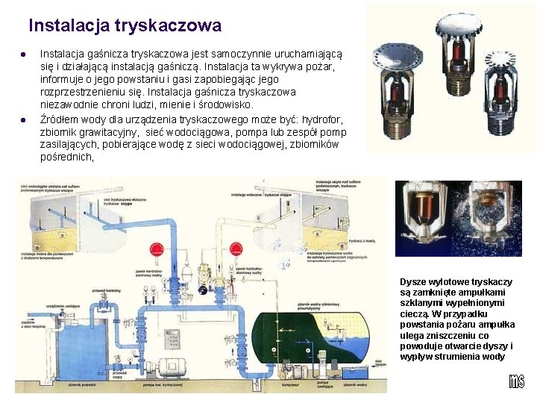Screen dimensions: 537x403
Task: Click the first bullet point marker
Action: pos(24,54)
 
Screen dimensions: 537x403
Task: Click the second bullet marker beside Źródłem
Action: pos(24,119)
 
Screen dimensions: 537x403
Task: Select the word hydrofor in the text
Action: pos(326,119)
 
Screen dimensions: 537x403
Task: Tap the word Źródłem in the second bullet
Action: pos(60,119)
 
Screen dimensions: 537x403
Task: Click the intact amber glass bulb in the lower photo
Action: pos(425,209)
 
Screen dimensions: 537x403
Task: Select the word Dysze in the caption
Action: pos(414,281)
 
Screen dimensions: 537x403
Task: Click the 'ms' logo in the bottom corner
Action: pos(516,381)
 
